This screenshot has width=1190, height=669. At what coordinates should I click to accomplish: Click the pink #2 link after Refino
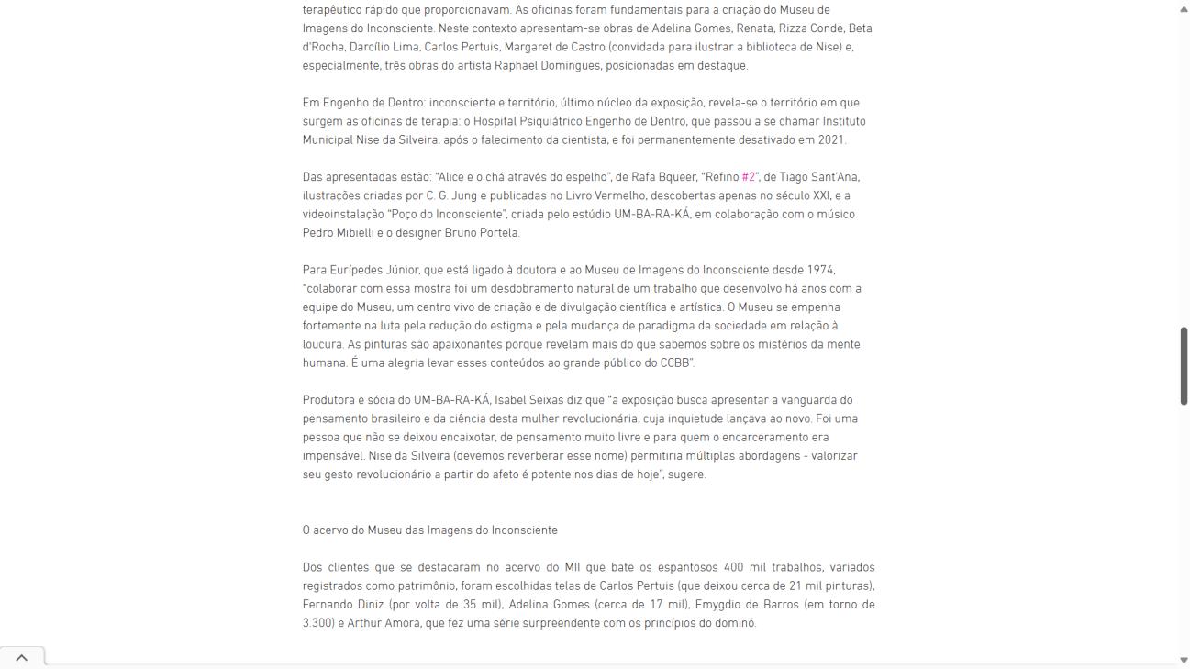click(749, 177)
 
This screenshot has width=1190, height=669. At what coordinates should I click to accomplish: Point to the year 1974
click(821, 270)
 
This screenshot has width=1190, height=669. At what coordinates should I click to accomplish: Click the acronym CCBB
click(675, 363)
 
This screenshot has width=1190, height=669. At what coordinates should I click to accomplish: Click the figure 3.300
click(317, 623)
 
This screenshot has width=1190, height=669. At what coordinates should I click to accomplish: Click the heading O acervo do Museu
click(429, 530)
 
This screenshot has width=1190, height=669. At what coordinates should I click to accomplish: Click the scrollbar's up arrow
click(1183, 8)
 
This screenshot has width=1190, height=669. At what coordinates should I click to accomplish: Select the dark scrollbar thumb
click(1183, 365)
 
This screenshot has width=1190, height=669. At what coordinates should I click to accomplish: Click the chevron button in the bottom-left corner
click(22, 657)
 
